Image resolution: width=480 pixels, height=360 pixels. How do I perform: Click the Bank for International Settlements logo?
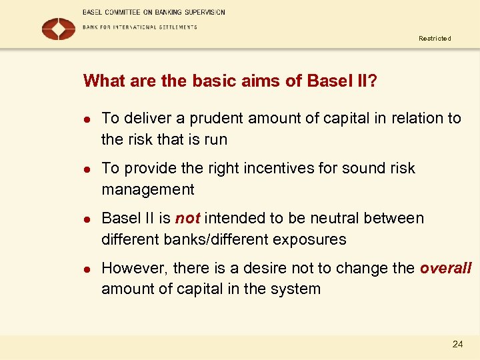pos(59,29)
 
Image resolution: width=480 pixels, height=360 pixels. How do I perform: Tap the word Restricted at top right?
pos(435,39)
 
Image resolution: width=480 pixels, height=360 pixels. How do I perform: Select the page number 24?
pos(457,344)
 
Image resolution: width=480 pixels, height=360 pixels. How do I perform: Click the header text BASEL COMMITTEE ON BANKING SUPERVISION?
pos(154,12)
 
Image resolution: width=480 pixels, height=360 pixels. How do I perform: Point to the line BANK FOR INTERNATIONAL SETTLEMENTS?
pos(140,27)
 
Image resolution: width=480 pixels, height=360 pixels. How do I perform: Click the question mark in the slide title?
pos(373,81)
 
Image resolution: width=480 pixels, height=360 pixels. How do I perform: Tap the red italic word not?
pos(187,219)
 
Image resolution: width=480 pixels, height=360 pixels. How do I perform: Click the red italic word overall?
pos(445,269)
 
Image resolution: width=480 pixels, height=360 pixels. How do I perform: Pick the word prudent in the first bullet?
pos(217,119)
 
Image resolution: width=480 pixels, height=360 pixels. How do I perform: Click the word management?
pos(148,190)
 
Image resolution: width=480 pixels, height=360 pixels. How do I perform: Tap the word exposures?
pos(314,240)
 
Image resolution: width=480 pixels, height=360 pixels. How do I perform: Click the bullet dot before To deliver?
pos(87,119)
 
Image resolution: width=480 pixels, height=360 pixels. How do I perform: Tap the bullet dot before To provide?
pos(87,169)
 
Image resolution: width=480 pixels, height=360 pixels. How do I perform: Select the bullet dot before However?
pos(87,269)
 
